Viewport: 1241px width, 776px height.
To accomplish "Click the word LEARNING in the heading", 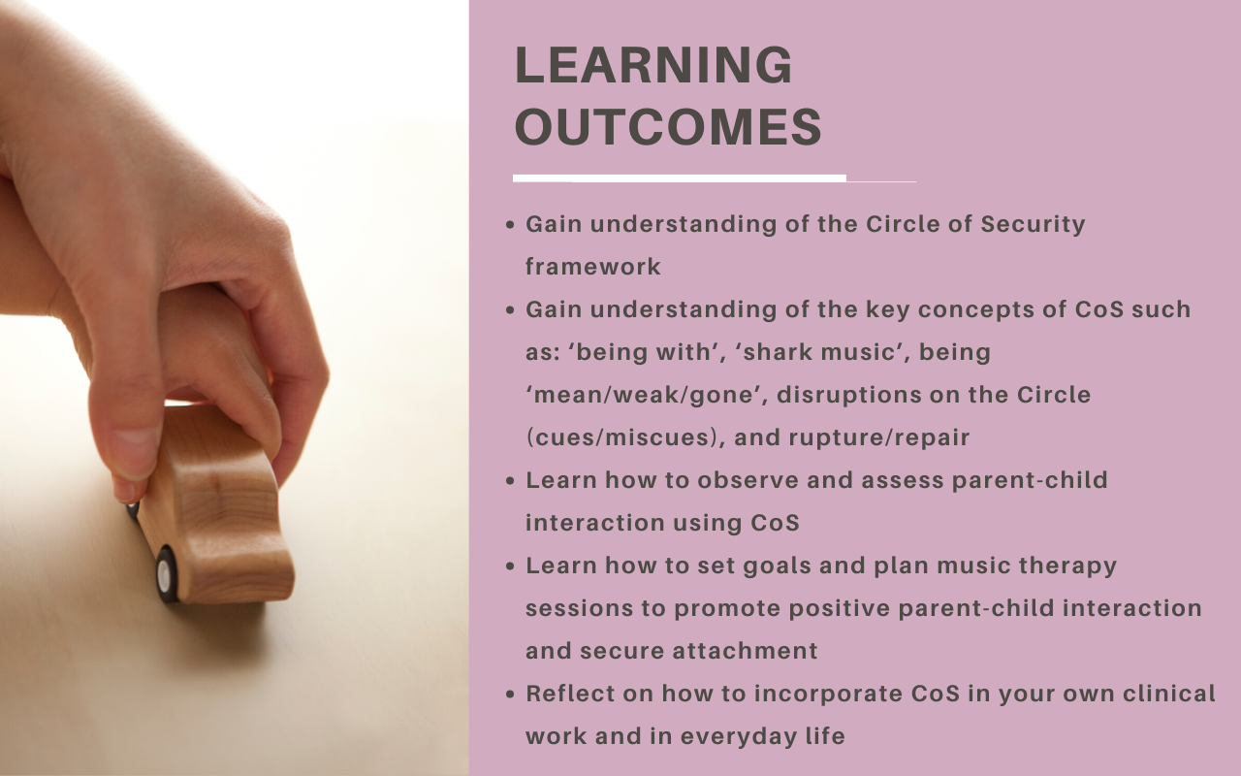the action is click(x=653, y=65).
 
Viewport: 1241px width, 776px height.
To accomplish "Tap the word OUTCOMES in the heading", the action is click(x=668, y=127).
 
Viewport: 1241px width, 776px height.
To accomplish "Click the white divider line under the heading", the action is click(x=680, y=178).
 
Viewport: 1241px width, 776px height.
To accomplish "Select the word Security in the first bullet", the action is click(x=1033, y=224).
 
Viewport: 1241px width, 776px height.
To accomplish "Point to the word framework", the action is click(x=592, y=267).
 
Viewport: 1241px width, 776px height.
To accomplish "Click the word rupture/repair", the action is click(x=878, y=437).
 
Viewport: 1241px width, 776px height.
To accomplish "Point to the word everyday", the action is click(x=731, y=736).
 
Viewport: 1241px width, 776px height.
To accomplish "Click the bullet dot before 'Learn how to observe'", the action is click(x=510, y=480).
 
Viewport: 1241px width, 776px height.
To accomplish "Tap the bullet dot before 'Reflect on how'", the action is click(x=510, y=694).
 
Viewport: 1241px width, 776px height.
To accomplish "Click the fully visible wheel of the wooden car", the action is click(x=166, y=575).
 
